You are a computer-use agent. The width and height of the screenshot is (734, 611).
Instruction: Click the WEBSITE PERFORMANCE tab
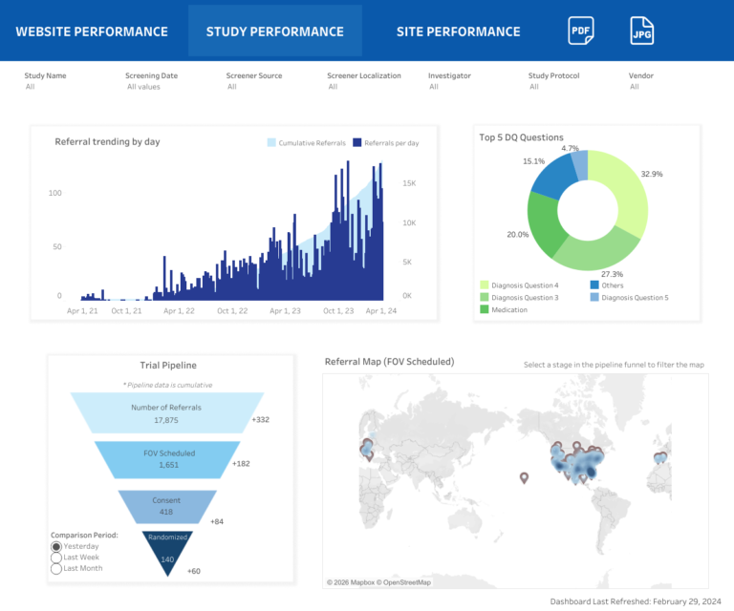(x=92, y=32)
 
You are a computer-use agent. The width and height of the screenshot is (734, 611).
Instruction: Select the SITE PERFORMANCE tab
(x=459, y=32)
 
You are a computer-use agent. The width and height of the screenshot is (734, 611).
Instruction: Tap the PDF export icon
(x=580, y=31)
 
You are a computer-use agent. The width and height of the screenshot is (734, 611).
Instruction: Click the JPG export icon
(x=642, y=31)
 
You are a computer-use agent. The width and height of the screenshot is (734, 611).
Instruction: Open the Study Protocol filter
(x=553, y=75)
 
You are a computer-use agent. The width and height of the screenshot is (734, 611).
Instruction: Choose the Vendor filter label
(x=641, y=75)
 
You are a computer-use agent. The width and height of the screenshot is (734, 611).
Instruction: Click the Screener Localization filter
(x=363, y=75)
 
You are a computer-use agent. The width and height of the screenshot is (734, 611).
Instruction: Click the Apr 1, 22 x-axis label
(x=179, y=310)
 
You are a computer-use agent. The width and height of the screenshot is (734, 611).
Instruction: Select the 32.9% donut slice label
(x=652, y=174)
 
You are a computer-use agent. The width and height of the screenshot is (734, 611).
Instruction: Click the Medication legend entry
(x=508, y=309)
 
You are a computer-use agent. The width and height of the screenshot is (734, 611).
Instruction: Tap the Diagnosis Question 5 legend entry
(x=635, y=297)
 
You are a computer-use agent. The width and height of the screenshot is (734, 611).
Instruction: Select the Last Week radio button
(x=56, y=558)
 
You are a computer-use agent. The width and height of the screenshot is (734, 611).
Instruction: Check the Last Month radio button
(x=56, y=568)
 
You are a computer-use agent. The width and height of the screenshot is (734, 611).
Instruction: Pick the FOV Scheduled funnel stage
(x=167, y=460)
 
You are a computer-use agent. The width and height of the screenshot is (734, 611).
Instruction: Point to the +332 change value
(x=261, y=419)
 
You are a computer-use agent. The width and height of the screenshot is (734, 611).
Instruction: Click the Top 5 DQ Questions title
(x=521, y=137)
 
